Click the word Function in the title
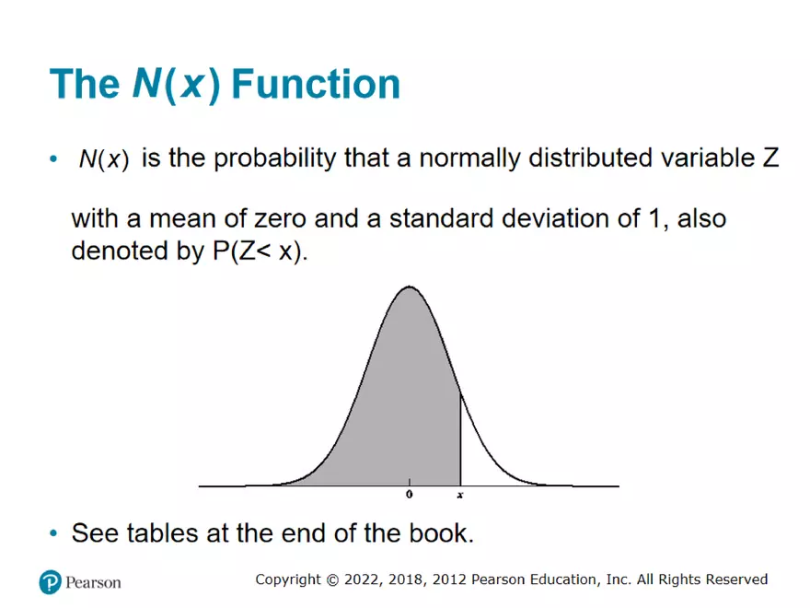tap(316, 84)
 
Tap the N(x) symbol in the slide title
tap(175, 84)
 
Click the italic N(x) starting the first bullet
tap(103, 159)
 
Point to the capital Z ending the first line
tap(770, 158)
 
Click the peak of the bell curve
tap(409, 287)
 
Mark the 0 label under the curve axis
tap(410, 496)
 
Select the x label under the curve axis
tap(460, 496)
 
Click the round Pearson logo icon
tap(50, 582)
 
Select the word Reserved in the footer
tap(736, 579)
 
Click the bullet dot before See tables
tap(53, 533)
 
